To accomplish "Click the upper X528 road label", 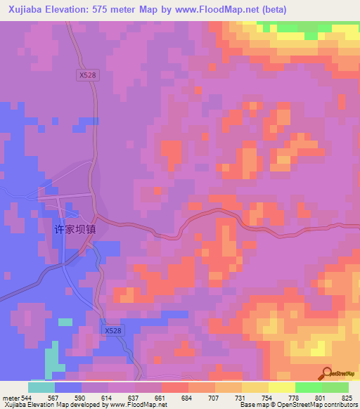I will coord(87,74).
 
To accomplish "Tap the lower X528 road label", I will coord(112,330).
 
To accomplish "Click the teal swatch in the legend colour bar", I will coord(41,387).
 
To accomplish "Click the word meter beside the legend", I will coord(9,397).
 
